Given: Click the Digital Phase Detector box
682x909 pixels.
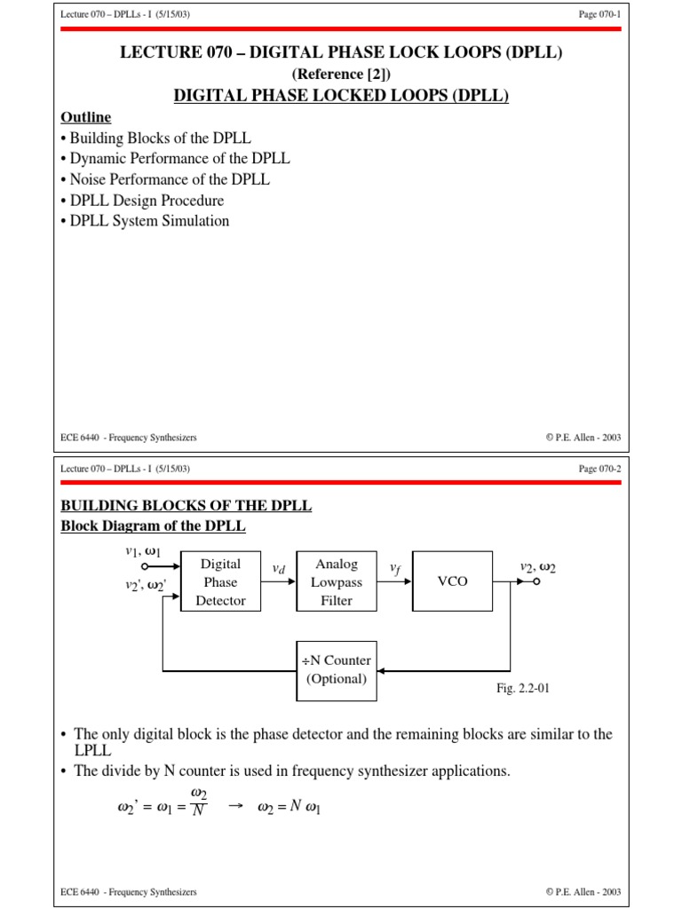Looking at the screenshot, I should click(x=220, y=582).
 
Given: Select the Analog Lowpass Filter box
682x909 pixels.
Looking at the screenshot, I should click(x=337, y=582).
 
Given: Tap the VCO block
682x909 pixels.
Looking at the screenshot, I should click(x=452, y=582).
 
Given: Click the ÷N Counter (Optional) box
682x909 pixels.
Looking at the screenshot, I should click(x=337, y=670).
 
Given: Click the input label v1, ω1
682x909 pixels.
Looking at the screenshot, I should click(x=143, y=551).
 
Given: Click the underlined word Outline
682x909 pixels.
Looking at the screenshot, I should click(x=85, y=117).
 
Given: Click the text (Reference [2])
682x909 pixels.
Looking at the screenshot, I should click(x=341, y=75).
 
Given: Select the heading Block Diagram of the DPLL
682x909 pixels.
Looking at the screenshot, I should click(x=153, y=526).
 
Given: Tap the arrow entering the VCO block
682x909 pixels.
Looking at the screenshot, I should click(x=404, y=582).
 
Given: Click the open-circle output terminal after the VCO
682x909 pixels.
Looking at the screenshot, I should click(x=536, y=582).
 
